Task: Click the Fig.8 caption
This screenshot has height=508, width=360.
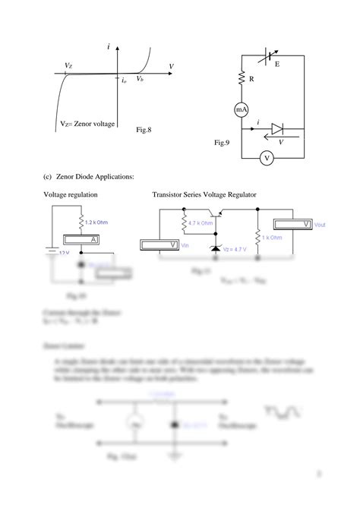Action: point(144,130)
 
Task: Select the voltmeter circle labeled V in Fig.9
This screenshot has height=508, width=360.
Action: point(266,158)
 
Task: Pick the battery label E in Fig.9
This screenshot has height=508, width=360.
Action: point(277,65)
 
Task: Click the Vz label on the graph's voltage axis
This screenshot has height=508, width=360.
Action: point(69,66)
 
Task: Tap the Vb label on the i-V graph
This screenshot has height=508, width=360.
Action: point(141,78)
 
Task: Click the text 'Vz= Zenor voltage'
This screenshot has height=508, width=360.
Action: point(88,123)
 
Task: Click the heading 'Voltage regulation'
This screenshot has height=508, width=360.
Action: point(70,195)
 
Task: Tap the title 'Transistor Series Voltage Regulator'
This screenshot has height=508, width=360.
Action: point(204,195)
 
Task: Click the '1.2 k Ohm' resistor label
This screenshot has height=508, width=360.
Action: point(99,222)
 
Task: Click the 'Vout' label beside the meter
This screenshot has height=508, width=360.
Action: point(319,225)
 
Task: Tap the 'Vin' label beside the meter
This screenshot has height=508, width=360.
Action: point(185,245)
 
